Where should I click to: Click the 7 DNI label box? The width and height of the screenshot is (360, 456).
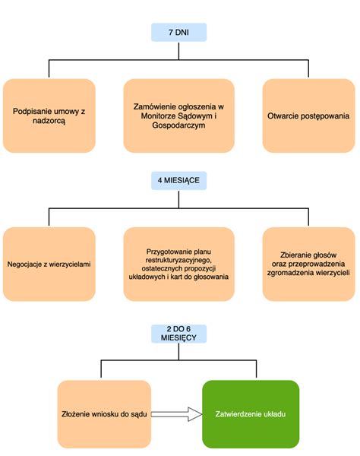coord(178,33)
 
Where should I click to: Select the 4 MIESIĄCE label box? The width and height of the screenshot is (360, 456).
coord(179,182)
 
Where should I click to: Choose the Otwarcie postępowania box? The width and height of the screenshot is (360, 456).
coord(308,115)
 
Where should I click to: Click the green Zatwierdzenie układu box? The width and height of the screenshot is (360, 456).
coord(251,414)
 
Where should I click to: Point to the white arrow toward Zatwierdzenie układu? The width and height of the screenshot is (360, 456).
coord(175,414)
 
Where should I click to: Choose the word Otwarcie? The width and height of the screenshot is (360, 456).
coord(285,116)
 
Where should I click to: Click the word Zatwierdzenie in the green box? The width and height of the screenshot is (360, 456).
coord(239,414)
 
